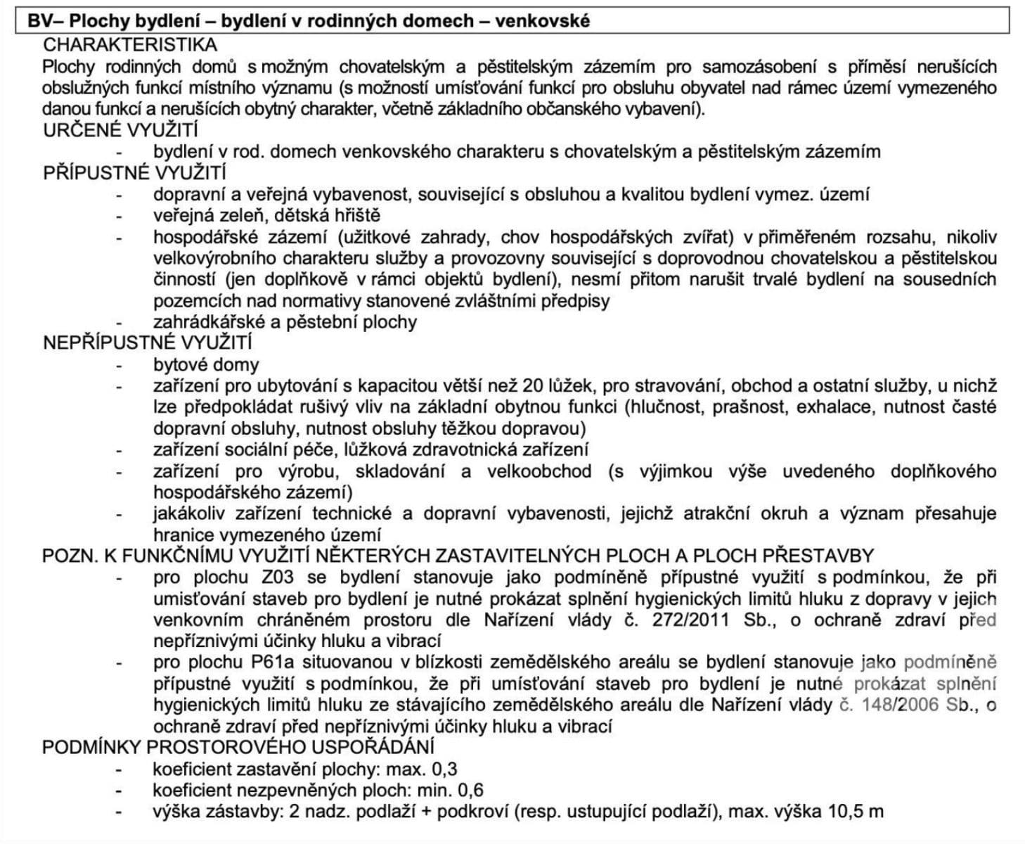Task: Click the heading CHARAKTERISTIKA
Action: [x=130, y=45]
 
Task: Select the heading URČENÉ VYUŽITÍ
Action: [x=120, y=130]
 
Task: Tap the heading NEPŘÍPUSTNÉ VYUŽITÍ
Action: [x=147, y=343]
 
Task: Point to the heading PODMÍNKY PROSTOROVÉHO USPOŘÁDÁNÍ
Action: [x=238, y=747]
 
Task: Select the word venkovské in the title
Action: [x=542, y=21]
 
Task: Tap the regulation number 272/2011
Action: [x=688, y=620]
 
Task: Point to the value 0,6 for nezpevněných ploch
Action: [x=469, y=790]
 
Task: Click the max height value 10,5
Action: [x=845, y=812]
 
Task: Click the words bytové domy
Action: [x=206, y=365]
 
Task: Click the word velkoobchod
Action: [x=539, y=471]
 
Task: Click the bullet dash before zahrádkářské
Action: [x=120, y=322]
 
